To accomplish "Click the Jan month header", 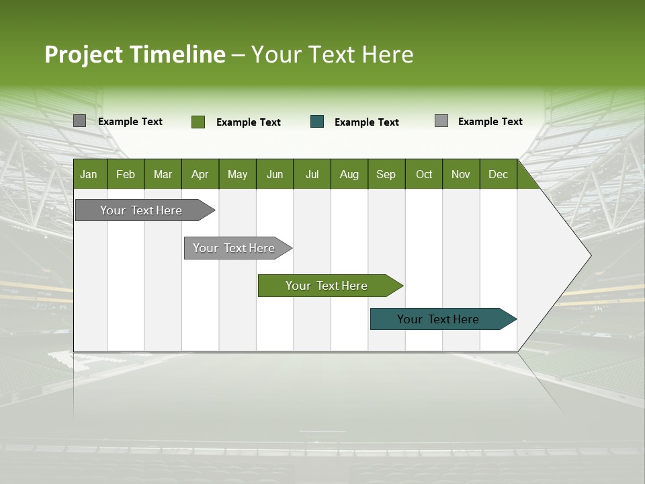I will pyautogui.click(x=89, y=174).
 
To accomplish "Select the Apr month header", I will pyautogui.click(x=200, y=174).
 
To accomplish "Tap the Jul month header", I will pyautogui.click(x=312, y=174).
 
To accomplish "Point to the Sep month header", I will pyautogui.click(x=386, y=174).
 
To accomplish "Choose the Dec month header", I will pyautogui.click(x=499, y=174).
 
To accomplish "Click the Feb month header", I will pyautogui.click(x=126, y=174).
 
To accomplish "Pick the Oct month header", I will pyautogui.click(x=424, y=174).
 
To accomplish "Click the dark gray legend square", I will pyautogui.click(x=79, y=121).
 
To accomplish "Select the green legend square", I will pyautogui.click(x=198, y=122).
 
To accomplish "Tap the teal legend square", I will pyautogui.click(x=317, y=122).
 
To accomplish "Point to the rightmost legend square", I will pyautogui.click(x=441, y=121).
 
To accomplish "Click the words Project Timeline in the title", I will pyautogui.click(x=134, y=54).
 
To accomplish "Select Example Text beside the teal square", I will pyautogui.click(x=367, y=122).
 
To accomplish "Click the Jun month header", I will pyautogui.click(x=275, y=174).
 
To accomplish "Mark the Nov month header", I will pyautogui.click(x=461, y=174).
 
